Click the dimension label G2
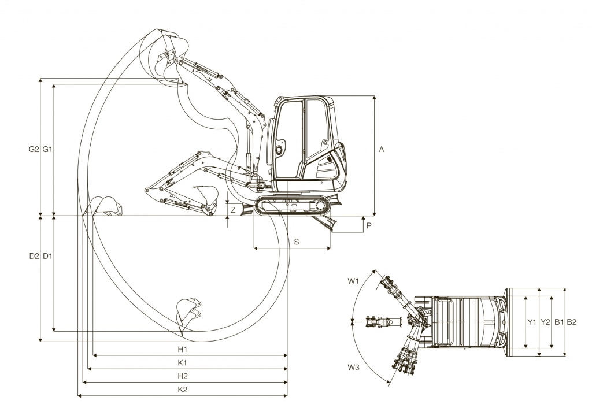(34, 149)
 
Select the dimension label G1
(47, 149)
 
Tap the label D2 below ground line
(34, 256)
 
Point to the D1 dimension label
(47, 256)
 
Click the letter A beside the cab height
(382, 150)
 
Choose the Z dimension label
(233, 210)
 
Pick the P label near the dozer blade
(369, 226)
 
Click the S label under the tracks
(297, 242)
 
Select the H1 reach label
(182, 350)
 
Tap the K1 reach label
(182, 363)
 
